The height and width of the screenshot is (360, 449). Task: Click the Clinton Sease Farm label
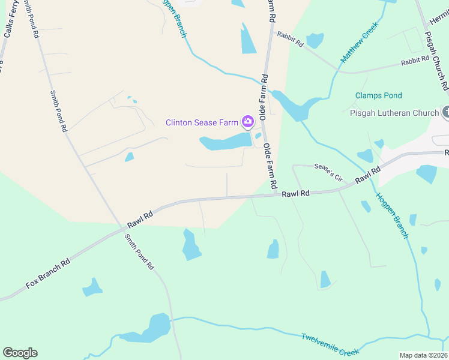click(x=203, y=123)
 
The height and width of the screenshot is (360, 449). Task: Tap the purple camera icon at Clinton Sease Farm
click(x=247, y=122)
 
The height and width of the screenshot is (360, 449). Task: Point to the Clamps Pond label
click(x=378, y=95)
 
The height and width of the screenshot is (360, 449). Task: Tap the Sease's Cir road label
click(x=328, y=173)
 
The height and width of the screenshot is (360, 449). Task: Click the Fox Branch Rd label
click(x=48, y=273)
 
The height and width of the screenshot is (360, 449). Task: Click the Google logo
click(x=20, y=353)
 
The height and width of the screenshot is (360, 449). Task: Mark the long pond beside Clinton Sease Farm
click(x=225, y=142)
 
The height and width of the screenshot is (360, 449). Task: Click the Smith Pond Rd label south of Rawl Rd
click(x=140, y=251)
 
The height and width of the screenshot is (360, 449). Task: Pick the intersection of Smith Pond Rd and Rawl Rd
click(x=125, y=228)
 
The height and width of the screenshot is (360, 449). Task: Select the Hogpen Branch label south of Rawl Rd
click(x=392, y=216)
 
